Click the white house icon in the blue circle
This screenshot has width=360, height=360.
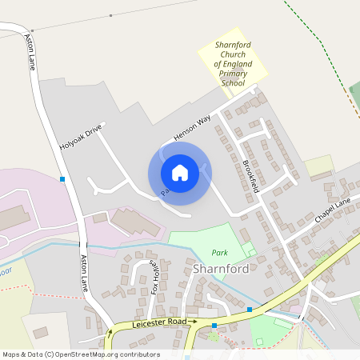point(180,172)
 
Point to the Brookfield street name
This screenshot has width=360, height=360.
point(250,175)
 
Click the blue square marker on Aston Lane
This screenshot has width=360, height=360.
point(62,179)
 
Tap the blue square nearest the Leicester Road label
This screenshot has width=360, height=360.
point(214,326)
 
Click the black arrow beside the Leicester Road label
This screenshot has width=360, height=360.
point(194,322)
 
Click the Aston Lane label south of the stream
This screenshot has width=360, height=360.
point(82,272)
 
